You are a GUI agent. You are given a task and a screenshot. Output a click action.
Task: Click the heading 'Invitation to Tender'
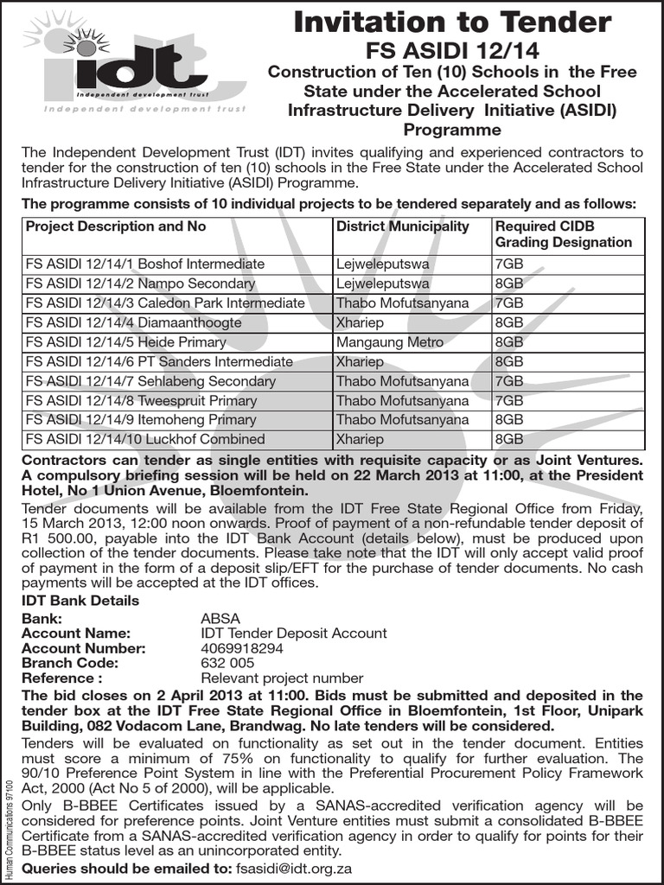[452, 22]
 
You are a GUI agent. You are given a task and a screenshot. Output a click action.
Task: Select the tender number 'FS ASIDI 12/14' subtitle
[452, 52]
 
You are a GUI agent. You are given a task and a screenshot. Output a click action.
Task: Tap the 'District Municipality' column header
[402, 226]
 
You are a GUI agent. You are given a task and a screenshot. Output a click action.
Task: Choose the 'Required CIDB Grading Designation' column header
[563, 234]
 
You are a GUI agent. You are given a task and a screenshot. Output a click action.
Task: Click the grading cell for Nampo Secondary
[509, 283]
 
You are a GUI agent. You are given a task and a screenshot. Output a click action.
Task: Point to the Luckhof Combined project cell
[145, 439]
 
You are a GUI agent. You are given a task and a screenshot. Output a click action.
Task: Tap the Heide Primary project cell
[126, 342]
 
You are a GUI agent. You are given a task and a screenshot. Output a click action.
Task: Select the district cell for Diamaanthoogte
[361, 322]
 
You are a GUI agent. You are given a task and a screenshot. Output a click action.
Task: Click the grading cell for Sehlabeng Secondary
[509, 381]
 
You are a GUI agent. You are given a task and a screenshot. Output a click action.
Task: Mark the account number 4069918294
[241, 648]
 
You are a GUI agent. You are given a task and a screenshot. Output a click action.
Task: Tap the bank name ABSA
[220, 619]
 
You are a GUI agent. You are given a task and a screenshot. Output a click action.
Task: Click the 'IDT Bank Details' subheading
[80, 601]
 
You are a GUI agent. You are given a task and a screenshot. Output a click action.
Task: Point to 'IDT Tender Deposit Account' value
[293, 634]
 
